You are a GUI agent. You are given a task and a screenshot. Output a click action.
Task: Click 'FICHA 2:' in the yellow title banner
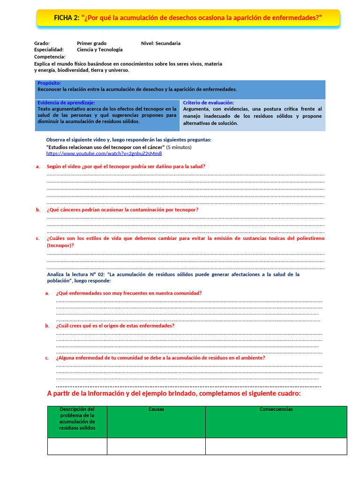tap(67, 18)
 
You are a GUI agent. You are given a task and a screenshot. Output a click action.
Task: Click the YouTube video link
tap(104, 153)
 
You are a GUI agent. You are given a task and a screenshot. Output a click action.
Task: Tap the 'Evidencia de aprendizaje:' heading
tap(66, 102)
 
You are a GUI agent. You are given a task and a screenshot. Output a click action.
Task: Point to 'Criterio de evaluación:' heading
tap(208, 103)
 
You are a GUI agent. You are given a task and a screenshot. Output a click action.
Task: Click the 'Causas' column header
tap(156, 409)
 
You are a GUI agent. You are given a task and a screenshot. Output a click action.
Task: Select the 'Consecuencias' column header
tap(276, 409)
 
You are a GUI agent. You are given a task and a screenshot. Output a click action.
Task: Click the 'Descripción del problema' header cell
tap(77, 418)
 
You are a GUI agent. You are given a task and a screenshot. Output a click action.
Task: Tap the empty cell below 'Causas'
tap(156, 446)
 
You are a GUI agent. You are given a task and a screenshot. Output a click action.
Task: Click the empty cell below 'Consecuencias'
tap(276, 446)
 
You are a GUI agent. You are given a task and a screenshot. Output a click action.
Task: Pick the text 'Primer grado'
tap(91, 43)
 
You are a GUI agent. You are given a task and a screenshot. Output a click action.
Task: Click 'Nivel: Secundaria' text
tap(160, 43)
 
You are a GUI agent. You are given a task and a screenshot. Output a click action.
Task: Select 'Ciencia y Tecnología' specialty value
tap(99, 49)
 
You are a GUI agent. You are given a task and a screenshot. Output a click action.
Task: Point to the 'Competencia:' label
tap(50, 56)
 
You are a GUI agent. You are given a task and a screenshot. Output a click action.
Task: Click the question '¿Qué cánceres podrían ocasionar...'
tap(122, 210)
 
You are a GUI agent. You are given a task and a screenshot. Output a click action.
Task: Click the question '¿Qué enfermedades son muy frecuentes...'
tap(129, 293)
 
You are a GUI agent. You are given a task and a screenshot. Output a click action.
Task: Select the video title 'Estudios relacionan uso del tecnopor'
tap(105, 147)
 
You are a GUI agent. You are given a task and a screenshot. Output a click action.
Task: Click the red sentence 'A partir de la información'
tap(174, 393)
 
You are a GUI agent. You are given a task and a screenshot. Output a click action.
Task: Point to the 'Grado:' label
tap(42, 43)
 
